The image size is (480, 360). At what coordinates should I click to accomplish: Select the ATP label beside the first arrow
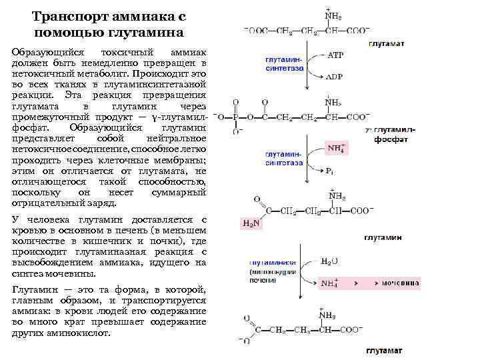click(335, 56)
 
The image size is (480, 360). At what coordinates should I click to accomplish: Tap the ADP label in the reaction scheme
click(335, 77)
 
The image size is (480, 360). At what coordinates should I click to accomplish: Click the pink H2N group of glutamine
click(251, 223)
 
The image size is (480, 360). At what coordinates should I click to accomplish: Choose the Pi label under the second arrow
click(329, 172)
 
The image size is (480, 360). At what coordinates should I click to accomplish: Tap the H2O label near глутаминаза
click(329, 261)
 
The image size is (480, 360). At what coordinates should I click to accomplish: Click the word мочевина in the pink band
click(401, 283)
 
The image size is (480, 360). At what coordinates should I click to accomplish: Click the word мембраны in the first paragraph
click(183, 161)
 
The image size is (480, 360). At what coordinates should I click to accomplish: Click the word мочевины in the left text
click(75, 273)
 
